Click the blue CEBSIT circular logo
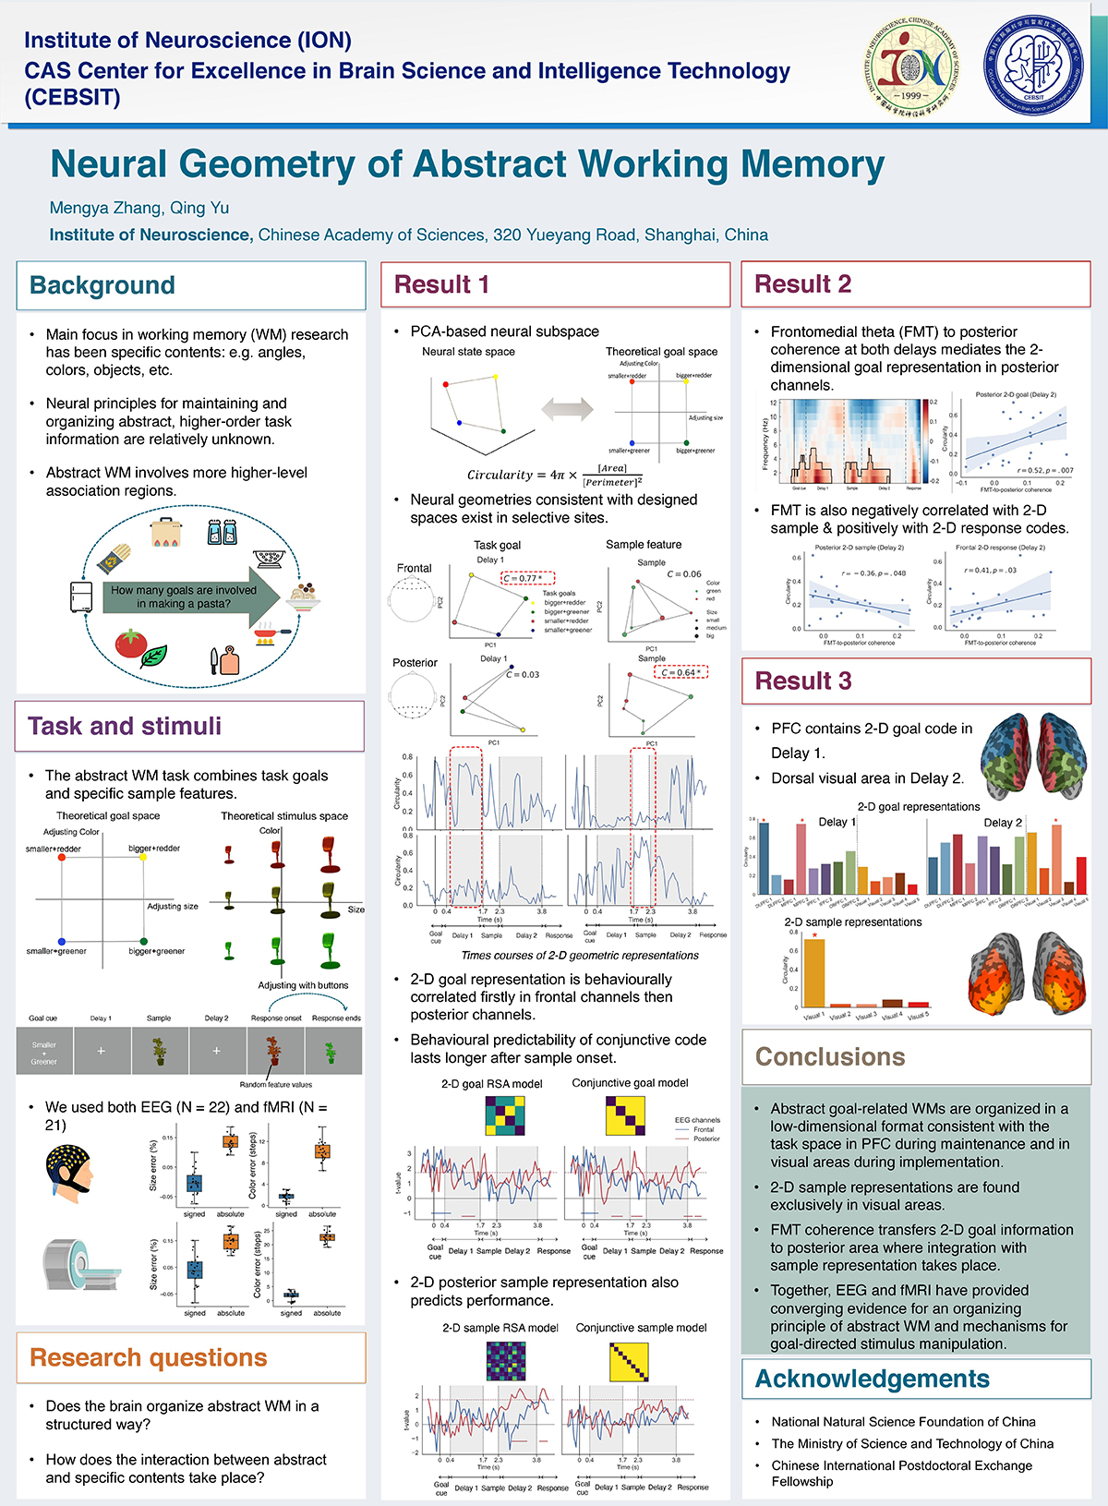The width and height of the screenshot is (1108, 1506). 1033,65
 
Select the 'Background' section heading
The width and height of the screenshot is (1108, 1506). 102,285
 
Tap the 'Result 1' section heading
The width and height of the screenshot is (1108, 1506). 441,284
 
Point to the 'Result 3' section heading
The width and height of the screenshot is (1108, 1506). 803,681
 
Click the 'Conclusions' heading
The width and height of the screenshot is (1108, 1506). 830,1057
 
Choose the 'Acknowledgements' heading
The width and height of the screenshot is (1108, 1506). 873,1379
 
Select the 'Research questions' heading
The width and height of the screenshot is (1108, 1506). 149,1358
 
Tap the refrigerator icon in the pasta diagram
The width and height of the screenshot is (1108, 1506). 81,596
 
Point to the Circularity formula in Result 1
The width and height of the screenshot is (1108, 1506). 554,475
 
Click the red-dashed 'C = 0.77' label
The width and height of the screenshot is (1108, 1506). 528,578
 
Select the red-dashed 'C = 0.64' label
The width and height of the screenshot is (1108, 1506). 681,672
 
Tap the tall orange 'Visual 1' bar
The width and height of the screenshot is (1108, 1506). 813,972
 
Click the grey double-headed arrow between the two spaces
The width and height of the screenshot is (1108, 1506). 567,407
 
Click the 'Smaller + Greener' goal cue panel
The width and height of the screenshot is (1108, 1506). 44,1052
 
